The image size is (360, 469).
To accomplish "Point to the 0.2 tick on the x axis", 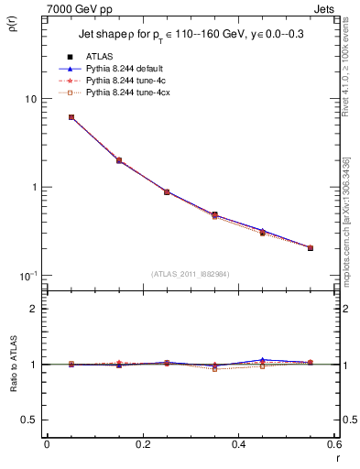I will [142, 445].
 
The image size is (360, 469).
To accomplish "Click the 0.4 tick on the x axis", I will [238, 445].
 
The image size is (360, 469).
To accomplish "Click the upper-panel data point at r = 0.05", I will [71, 117].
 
